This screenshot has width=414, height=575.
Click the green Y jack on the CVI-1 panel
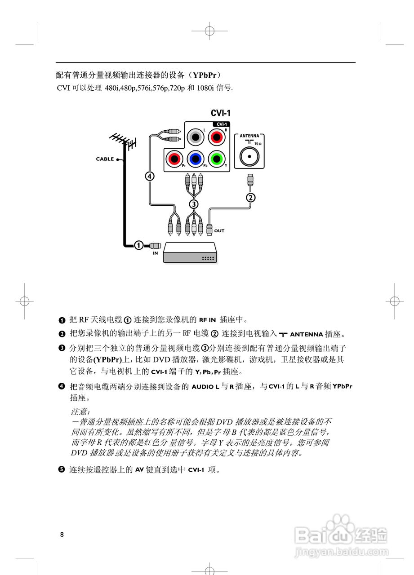pyautogui.click(x=216, y=158)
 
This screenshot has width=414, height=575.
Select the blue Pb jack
pyautogui.click(x=195, y=158)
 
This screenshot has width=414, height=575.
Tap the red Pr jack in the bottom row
pyautogui.click(x=174, y=158)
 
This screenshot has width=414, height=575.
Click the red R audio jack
pyautogui.click(x=216, y=136)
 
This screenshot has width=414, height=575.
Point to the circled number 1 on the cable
pyautogui.click(x=139, y=245)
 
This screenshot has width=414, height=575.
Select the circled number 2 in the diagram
pyautogui.click(x=250, y=197)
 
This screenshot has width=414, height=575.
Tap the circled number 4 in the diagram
pyautogui.click(x=149, y=176)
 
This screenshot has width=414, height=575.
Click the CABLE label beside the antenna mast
pyautogui.click(x=105, y=159)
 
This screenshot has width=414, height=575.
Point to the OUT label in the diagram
pyautogui.click(x=219, y=231)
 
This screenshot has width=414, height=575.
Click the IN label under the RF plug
pyautogui.click(x=155, y=253)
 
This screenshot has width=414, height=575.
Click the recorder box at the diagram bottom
pyautogui.click(x=190, y=252)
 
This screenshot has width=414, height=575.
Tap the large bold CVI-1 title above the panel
pyautogui.click(x=220, y=113)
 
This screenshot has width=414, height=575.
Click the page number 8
pyautogui.click(x=62, y=535)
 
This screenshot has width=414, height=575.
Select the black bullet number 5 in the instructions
pyautogui.click(x=62, y=470)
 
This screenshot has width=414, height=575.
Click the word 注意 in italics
pyautogui.click(x=80, y=411)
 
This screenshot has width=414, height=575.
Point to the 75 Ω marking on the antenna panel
pyautogui.click(x=257, y=143)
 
